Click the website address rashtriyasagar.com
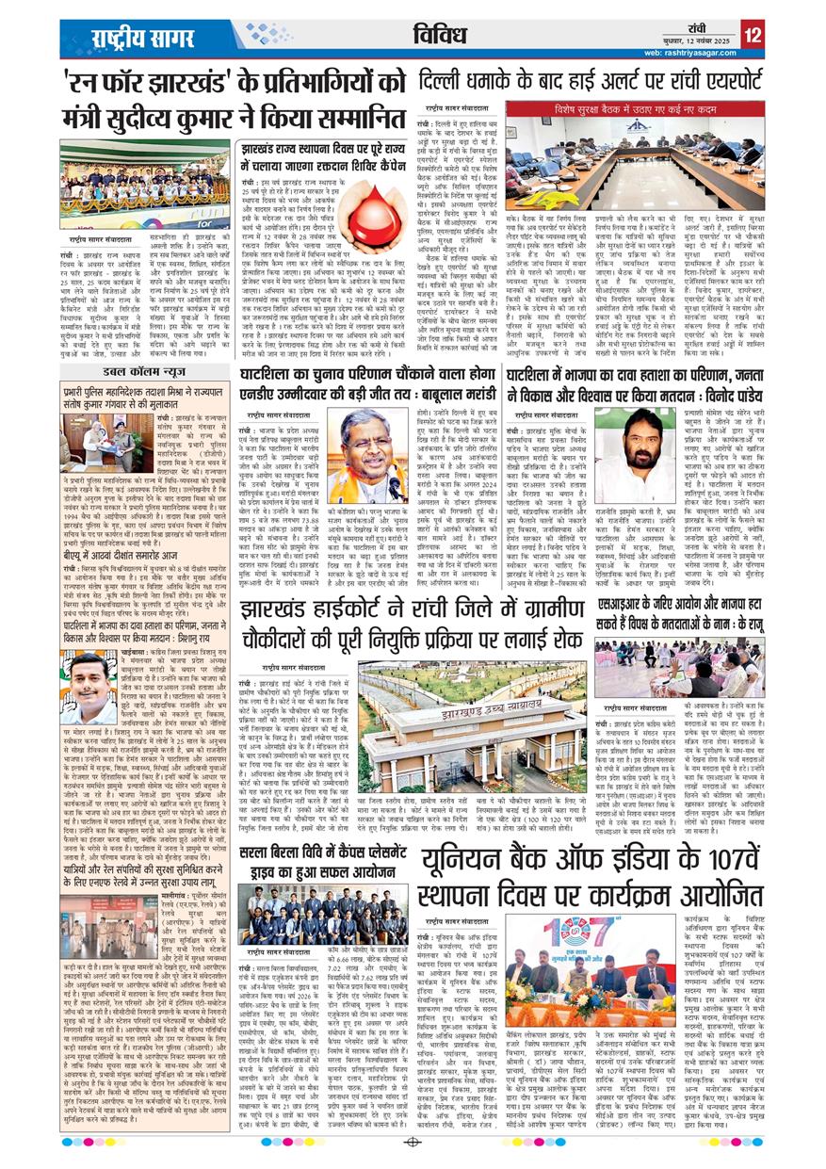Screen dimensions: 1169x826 pos(693,53)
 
